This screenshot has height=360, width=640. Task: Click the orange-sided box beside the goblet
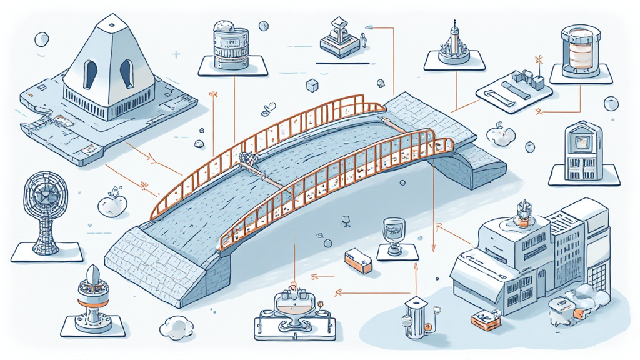click(x=358, y=261)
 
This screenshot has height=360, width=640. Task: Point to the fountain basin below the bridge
click(x=293, y=308)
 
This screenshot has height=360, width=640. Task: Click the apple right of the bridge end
click(x=501, y=135)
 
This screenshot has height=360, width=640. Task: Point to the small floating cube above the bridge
click(x=310, y=85)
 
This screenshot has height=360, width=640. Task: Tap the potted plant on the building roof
click(x=523, y=214)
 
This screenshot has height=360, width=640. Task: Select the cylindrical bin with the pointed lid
click(x=414, y=317)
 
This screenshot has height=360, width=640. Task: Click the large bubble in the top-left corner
click(x=42, y=39)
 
